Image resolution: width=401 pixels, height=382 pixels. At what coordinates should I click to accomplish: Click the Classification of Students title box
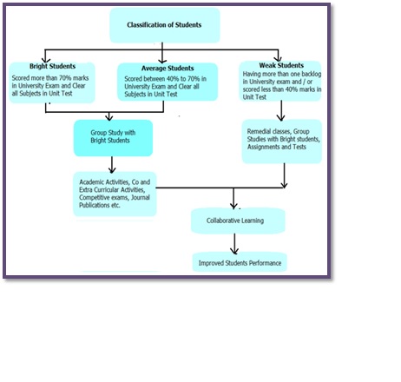(165, 25)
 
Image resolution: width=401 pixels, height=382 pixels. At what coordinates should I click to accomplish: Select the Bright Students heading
(52, 66)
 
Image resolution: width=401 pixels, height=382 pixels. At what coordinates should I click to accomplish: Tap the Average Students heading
(168, 69)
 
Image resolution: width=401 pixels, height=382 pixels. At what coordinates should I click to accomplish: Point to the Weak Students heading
(281, 65)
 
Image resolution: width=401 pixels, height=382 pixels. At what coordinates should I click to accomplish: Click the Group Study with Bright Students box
(113, 138)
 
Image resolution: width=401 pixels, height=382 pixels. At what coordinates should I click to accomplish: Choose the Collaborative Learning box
(238, 221)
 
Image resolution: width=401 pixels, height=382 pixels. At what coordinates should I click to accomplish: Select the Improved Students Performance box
(240, 262)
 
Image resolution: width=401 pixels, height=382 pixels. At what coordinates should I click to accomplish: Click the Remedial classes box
(282, 142)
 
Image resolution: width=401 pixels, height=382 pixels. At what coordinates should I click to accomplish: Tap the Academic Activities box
(115, 194)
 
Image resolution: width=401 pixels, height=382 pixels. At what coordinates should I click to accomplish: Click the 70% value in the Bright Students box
(65, 78)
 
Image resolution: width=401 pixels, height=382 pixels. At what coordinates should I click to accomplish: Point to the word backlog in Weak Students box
(312, 74)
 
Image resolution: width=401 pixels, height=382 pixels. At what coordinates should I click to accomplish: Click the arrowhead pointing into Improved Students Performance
(234, 251)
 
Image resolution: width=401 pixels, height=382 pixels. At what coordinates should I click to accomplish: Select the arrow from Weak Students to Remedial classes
(281, 110)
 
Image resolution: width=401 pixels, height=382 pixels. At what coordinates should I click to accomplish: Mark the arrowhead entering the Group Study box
(109, 117)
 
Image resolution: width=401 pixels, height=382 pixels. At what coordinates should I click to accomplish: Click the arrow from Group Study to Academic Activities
(112, 165)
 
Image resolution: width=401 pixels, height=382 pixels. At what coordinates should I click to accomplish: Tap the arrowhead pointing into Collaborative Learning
(233, 205)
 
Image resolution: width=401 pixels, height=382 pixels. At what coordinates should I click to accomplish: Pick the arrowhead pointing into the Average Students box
(162, 60)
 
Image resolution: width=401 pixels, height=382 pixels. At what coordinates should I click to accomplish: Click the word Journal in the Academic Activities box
(141, 198)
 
